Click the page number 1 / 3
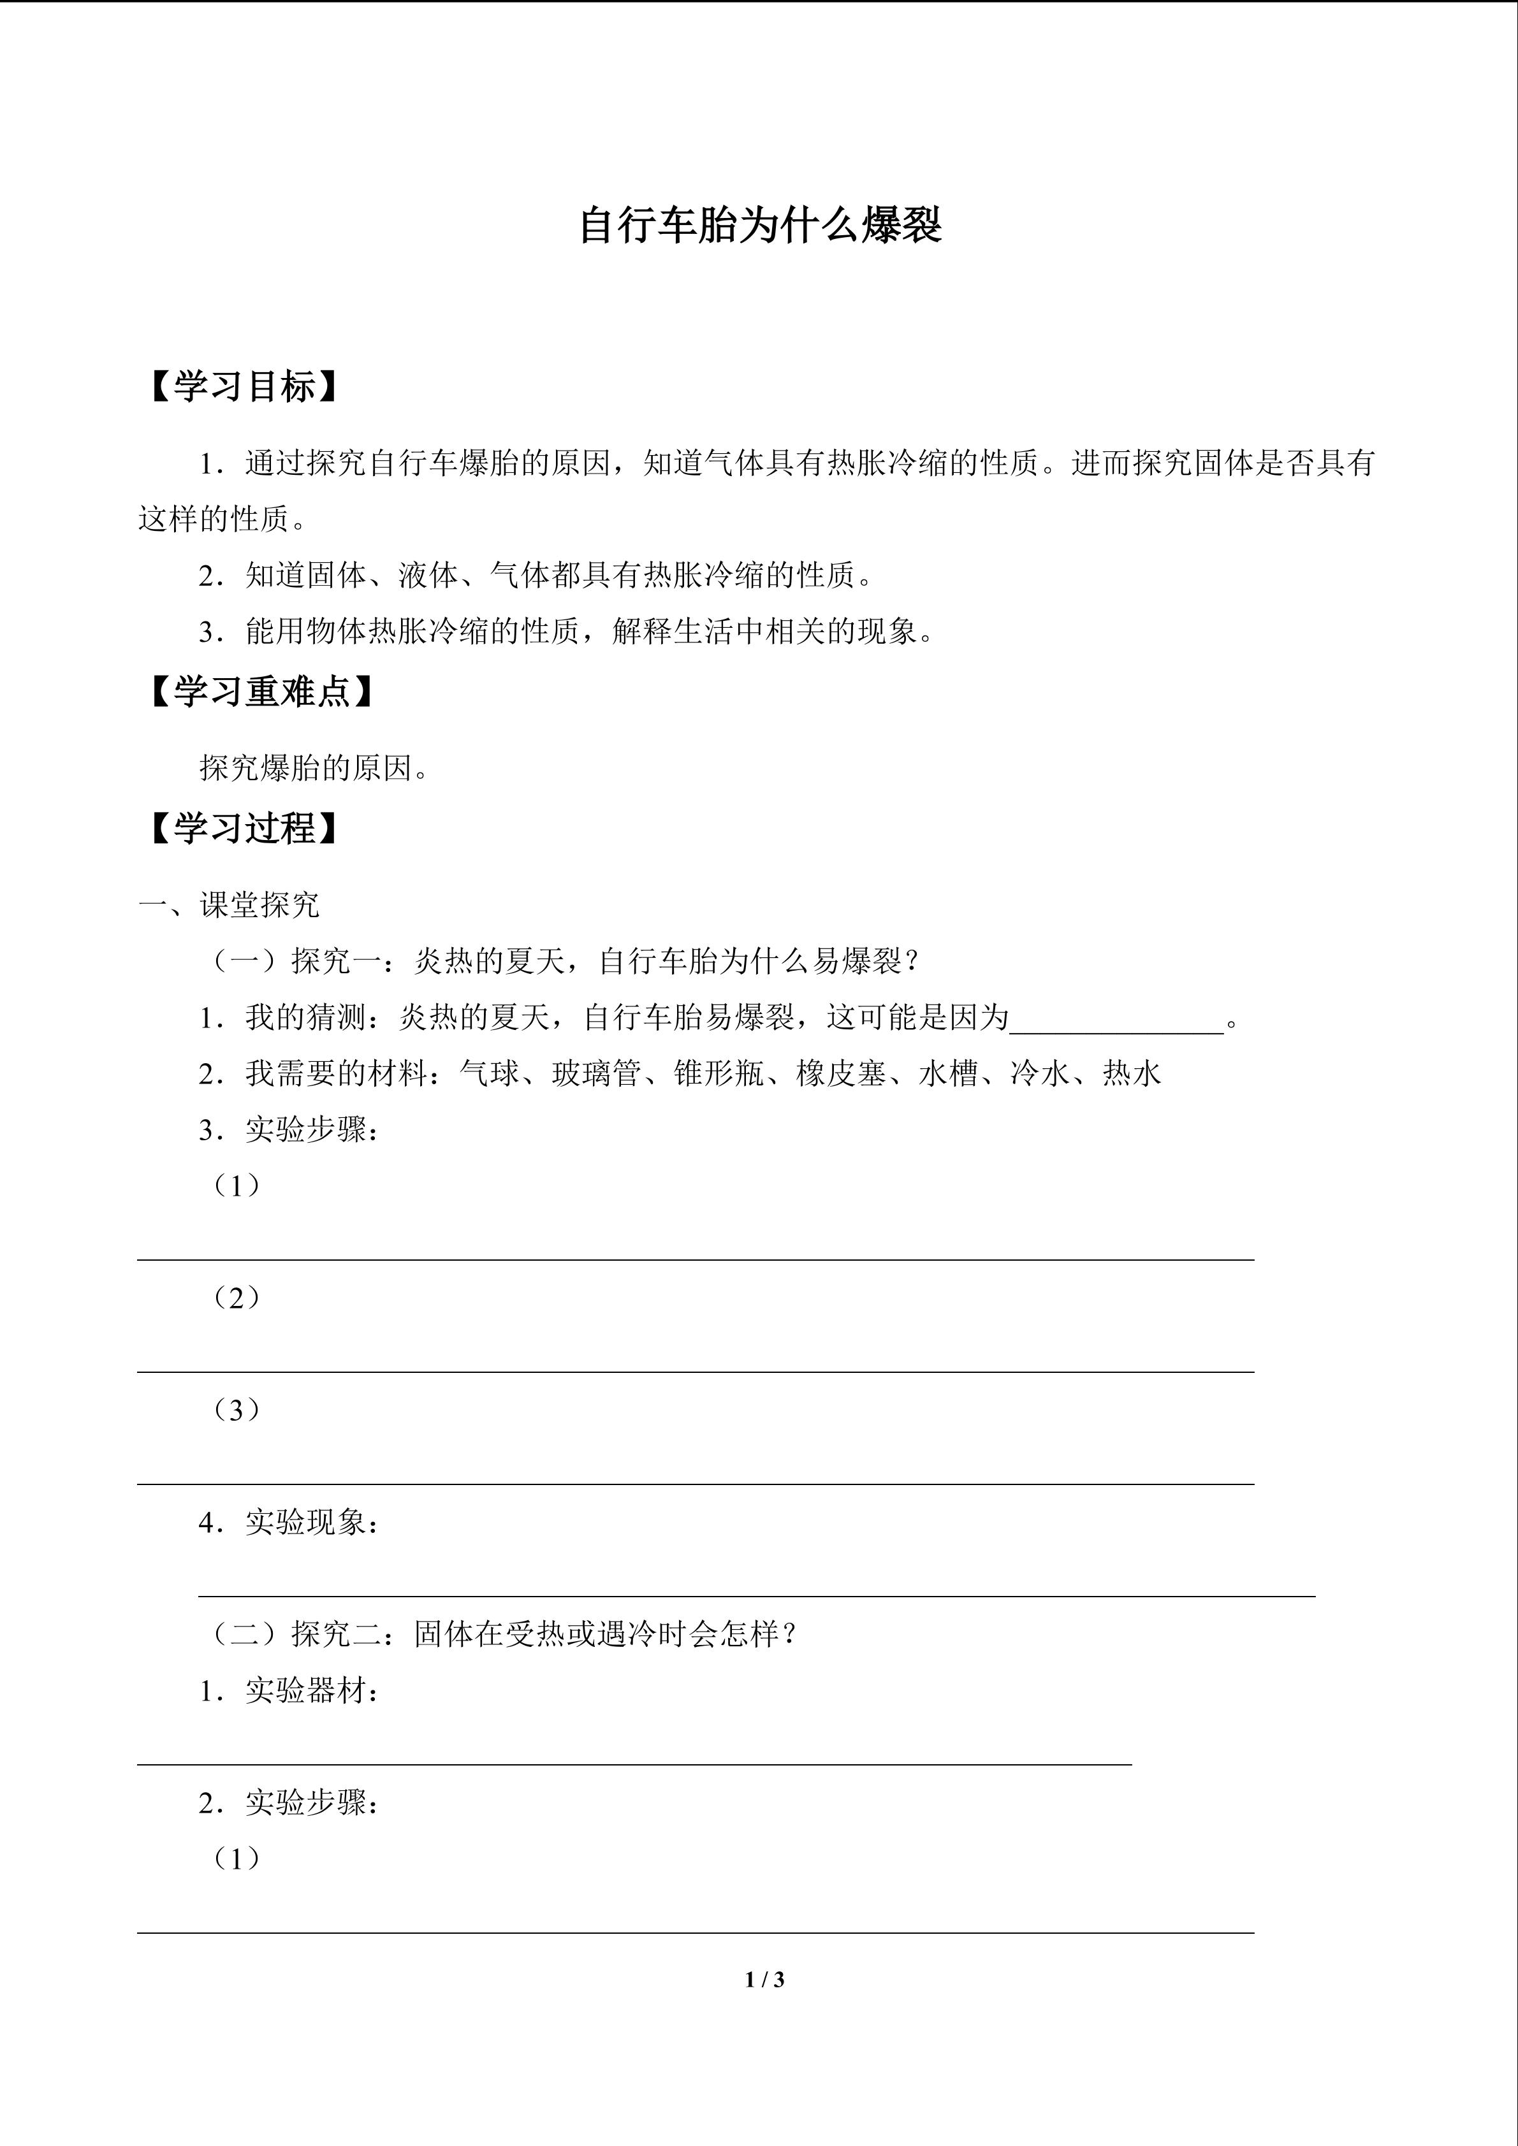[x=764, y=1979]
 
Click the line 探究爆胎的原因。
[x=315, y=768]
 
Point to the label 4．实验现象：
[x=290, y=1523]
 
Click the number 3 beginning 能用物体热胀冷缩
[x=207, y=633]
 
